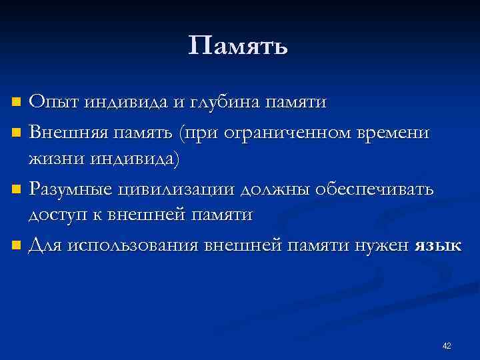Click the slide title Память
[238, 47]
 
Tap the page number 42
[447, 345]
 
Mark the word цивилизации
[175, 189]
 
